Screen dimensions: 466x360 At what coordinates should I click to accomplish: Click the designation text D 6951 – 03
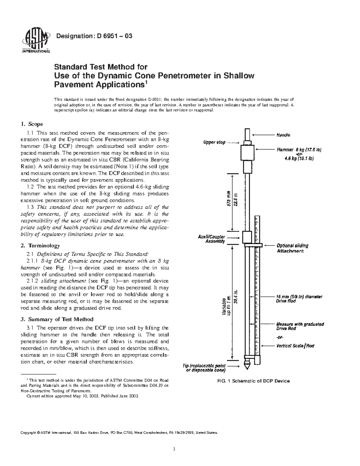coord(94,36)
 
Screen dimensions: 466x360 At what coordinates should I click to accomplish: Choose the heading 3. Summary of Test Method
coord(57,319)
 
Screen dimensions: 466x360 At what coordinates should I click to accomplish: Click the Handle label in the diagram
coord(283,135)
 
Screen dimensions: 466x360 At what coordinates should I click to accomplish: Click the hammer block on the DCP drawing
coord(248,153)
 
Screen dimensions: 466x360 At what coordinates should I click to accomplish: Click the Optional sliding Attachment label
coord(292,248)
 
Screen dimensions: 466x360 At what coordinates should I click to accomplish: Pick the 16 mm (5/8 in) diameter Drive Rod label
coord(299,299)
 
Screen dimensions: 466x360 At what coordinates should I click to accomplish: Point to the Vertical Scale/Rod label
coord(295,346)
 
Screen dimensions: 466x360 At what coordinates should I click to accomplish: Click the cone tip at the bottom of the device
coord(247,366)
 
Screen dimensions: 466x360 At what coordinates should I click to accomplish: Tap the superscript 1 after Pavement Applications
coord(146,82)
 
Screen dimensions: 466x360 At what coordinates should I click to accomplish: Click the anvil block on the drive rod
coord(247,237)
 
